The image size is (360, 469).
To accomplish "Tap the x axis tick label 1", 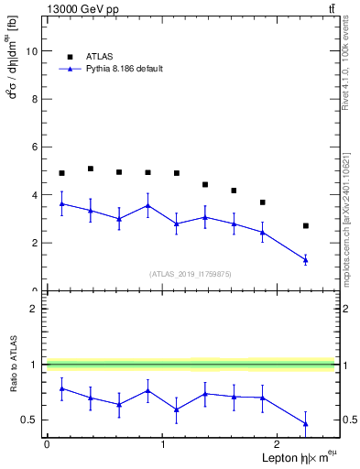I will click(x=163, y=444).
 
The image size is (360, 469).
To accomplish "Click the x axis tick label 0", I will click(x=47, y=444).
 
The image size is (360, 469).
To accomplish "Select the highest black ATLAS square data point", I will click(x=90, y=169).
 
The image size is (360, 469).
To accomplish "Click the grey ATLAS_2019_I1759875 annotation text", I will click(x=191, y=273).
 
